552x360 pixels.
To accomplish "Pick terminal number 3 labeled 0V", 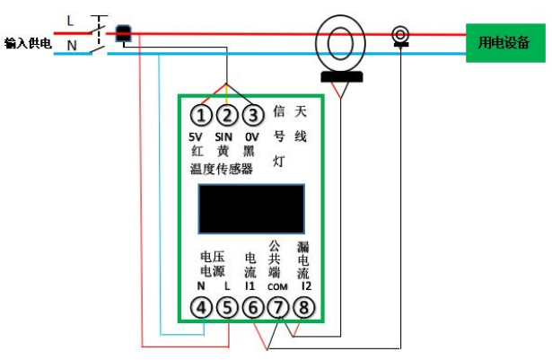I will click(253, 115).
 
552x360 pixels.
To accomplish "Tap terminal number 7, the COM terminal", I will click(279, 308).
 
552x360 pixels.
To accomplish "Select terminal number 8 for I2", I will click(305, 308).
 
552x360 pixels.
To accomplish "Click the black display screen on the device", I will click(252, 208).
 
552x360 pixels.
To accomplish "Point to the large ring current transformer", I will click(339, 43).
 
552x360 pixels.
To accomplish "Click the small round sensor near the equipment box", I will click(401, 36).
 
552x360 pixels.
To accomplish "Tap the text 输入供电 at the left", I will click(28, 43).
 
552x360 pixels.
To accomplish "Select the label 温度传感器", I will click(221, 169).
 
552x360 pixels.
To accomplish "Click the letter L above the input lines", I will click(71, 20).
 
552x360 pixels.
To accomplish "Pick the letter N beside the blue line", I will click(71, 44).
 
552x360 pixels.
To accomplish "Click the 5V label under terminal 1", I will click(197, 136).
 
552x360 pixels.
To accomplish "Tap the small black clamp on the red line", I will click(124, 34).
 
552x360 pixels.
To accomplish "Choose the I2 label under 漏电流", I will click(305, 285).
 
